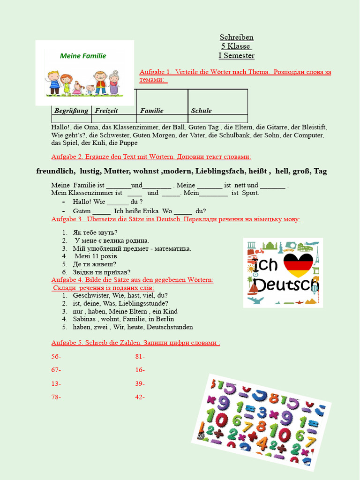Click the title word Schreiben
point(236,37)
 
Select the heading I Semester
point(236,56)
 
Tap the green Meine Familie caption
point(83,56)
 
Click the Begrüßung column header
point(71,111)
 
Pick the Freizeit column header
point(106,111)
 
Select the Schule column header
point(201,111)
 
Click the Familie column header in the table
point(152,111)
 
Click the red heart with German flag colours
point(298,265)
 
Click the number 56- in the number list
point(56,357)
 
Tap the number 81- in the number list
point(140,357)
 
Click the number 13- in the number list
point(56,383)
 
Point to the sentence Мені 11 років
point(97,256)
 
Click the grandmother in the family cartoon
point(114,83)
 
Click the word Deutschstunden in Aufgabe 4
point(168,327)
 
